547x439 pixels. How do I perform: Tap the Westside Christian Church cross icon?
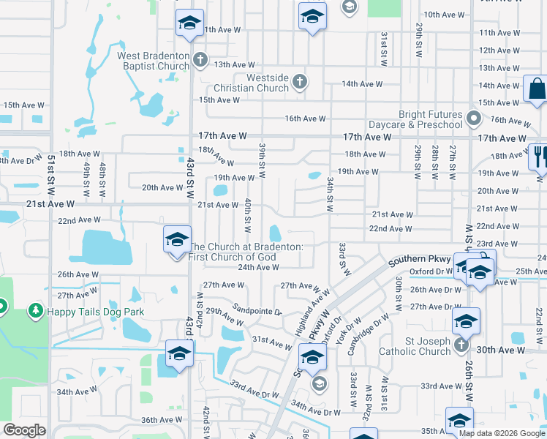[x=299, y=81]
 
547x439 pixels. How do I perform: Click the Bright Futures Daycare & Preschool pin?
[x=474, y=117]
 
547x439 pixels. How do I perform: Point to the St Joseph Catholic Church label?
[x=418, y=346]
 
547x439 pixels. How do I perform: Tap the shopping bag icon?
[x=535, y=89]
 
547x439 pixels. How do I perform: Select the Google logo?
[x=24, y=430]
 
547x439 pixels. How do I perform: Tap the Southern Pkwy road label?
[x=418, y=260]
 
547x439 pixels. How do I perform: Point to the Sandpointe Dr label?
[x=257, y=311]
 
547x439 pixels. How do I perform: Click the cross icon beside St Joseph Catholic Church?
[x=461, y=345]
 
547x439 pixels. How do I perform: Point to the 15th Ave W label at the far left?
[x=23, y=105]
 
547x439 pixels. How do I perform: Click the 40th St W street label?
[x=249, y=211]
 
